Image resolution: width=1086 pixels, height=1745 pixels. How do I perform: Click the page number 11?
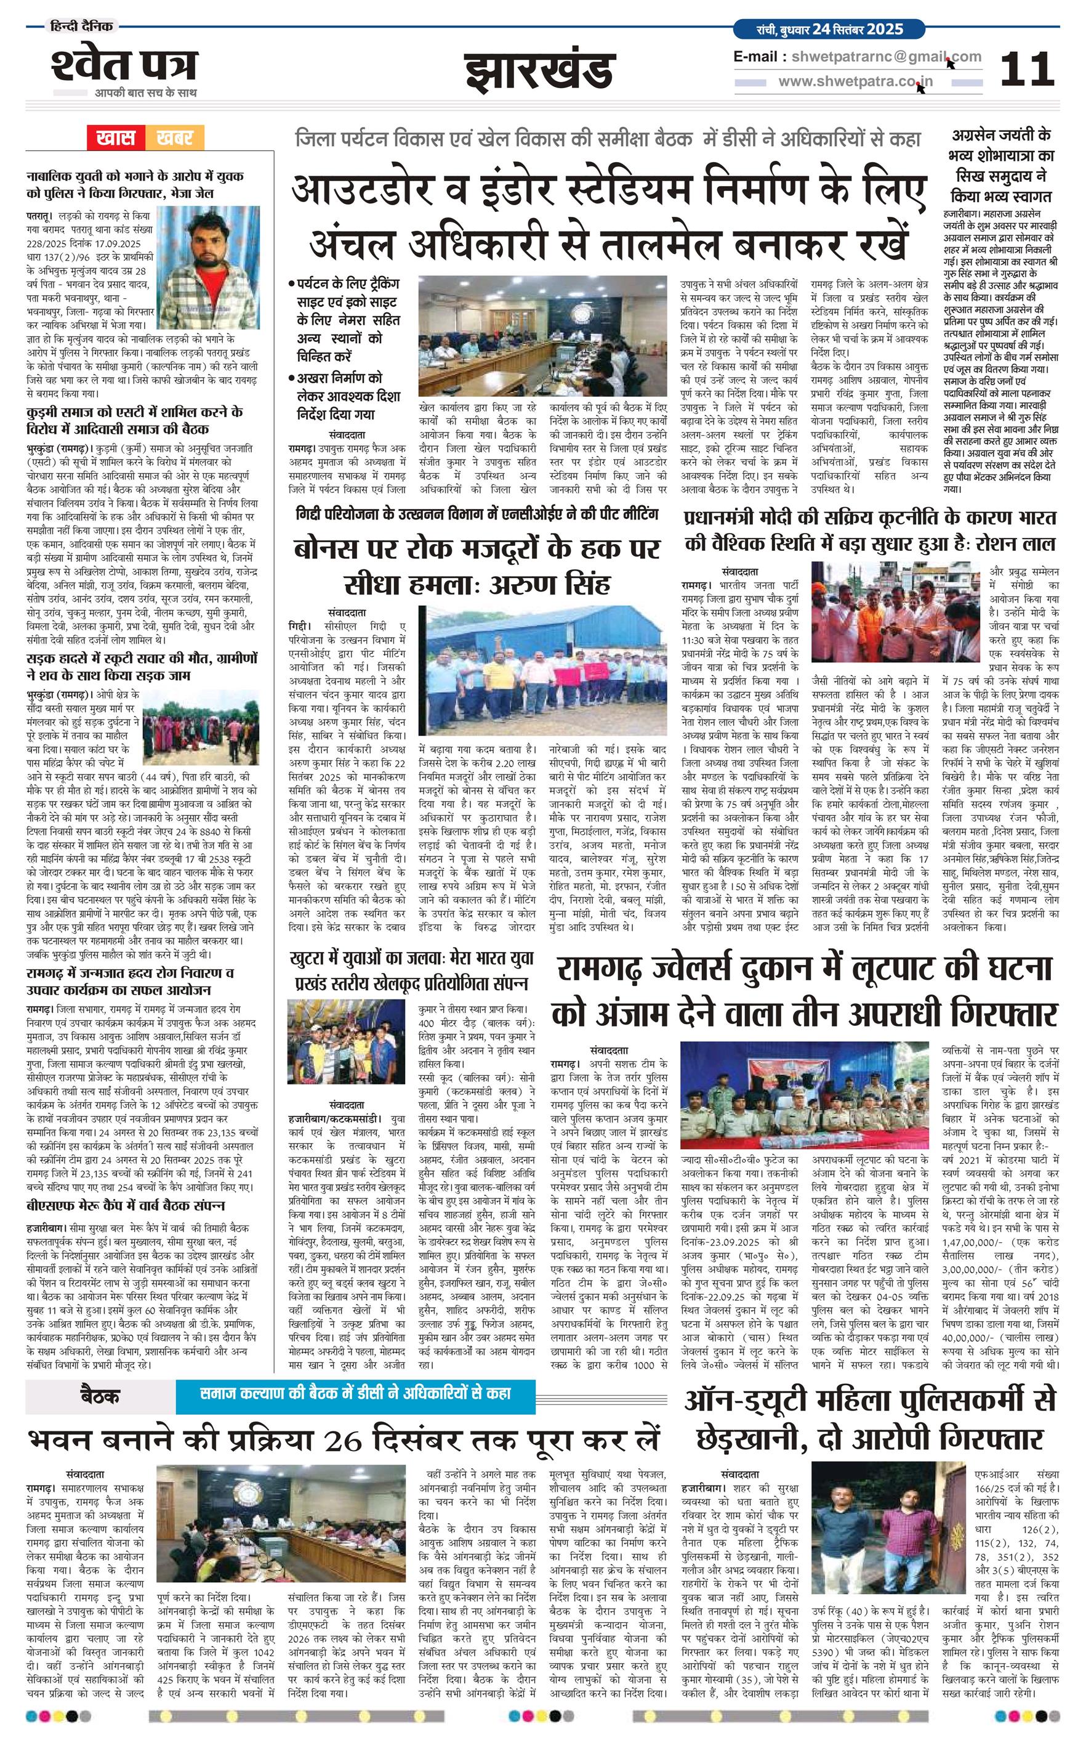pos(1027,70)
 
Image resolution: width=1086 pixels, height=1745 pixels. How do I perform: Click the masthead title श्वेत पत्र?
pos(124,65)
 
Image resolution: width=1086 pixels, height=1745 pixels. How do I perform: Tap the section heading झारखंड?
pos(539,72)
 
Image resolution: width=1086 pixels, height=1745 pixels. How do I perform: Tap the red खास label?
pos(116,137)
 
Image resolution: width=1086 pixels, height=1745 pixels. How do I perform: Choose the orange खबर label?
pos(175,137)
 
